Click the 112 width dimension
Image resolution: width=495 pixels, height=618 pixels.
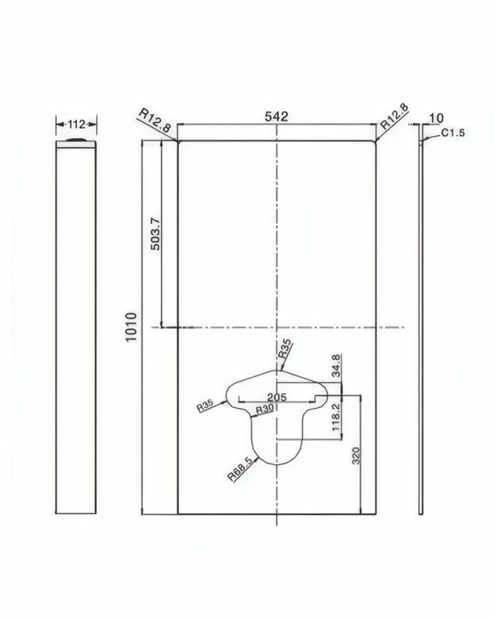pos(76,125)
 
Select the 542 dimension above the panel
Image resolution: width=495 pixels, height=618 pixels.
pos(277,117)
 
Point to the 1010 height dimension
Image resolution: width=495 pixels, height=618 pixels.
pos(131,327)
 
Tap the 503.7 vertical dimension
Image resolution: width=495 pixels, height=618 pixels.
pos(155,234)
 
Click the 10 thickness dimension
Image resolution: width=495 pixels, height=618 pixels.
pos(436,118)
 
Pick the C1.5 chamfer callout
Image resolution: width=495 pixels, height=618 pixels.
pos(453,133)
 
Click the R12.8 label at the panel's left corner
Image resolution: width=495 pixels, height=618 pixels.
pos(154,121)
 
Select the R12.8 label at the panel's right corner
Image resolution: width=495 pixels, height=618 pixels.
pos(394,117)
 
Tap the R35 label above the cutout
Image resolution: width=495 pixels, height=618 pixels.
pos(285,348)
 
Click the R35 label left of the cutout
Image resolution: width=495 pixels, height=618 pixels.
pos(206,406)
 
